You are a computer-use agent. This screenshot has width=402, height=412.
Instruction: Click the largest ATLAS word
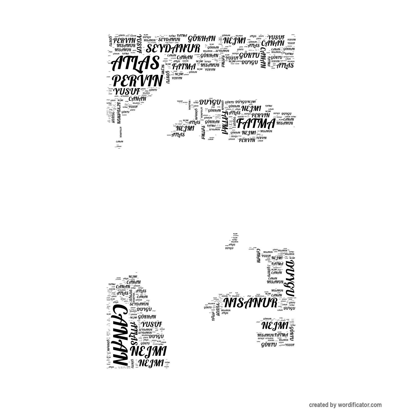(135, 63)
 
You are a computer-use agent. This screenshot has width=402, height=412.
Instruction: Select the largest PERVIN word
(137, 81)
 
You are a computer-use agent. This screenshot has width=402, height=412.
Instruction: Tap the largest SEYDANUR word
(173, 48)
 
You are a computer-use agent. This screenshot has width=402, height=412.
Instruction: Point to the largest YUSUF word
(127, 91)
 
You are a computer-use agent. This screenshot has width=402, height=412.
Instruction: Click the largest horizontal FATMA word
(256, 124)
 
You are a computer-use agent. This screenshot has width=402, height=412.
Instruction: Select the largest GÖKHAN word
(202, 39)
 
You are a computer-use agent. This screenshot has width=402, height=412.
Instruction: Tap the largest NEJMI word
(148, 351)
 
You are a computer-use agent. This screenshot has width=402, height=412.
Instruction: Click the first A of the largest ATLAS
(117, 63)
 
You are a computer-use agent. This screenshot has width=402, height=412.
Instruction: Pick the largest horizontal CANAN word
(273, 43)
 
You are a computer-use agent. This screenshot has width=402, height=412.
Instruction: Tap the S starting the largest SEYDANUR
(150, 49)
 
